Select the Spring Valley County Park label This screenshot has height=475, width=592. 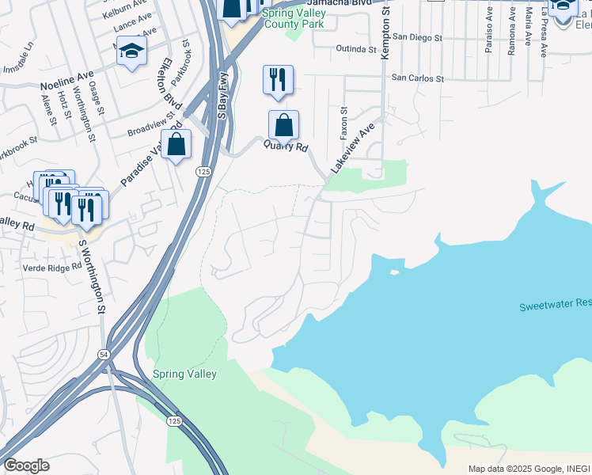click(x=294, y=19)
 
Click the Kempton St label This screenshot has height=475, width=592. click(x=386, y=32)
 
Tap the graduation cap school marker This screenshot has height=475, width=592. click(x=131, y=52)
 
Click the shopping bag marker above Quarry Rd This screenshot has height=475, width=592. click(x=283, y=125)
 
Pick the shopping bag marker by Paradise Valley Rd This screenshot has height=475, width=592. click(x=176, y=145)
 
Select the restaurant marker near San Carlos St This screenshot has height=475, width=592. click(x=278, y=80)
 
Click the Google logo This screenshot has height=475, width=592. click(x=26, y=465)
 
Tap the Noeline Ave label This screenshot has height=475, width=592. click(x=67, y=82)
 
